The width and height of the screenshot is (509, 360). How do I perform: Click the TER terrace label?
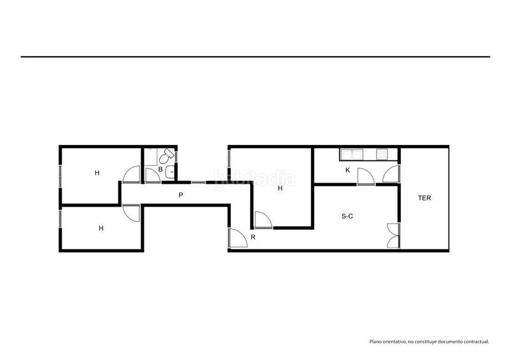click(x=424, y=198)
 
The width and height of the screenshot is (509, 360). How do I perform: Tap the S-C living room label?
click(x=347, y=216)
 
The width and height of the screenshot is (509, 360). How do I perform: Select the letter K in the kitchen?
click(x=347, y=170)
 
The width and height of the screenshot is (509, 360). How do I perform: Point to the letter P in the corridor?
click(x=181, y=195)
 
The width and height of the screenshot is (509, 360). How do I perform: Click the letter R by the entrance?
click(x=253, y=237)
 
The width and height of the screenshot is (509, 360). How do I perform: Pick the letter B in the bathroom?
click(x=160, y=169)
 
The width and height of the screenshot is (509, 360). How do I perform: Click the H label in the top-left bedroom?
click(x=97, y=173)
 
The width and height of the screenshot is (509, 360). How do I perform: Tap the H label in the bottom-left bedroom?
click(x=101, y=228)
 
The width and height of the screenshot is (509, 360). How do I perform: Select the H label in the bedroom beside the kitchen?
click(x=280, y=188)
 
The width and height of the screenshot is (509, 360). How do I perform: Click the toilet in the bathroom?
click(x=166, y=156)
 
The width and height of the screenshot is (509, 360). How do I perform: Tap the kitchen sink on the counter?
click(x=352, y=154)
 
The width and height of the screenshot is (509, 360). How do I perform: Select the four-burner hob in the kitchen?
click(x=381, y=154)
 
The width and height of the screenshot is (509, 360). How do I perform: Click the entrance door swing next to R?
click(x=238, y=238)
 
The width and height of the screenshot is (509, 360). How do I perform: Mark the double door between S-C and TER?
click(x=393, y=236)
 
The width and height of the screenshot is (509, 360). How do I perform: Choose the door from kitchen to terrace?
click(x=391, y=174)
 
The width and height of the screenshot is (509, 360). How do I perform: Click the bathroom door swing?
click(x=152, y=176)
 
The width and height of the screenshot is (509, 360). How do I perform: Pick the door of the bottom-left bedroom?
click(x=131, y=214)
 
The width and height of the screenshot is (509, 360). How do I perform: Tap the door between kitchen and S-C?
click(x=366, y=177)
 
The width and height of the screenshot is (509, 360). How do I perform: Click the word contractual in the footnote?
click(x=476, y=342)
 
